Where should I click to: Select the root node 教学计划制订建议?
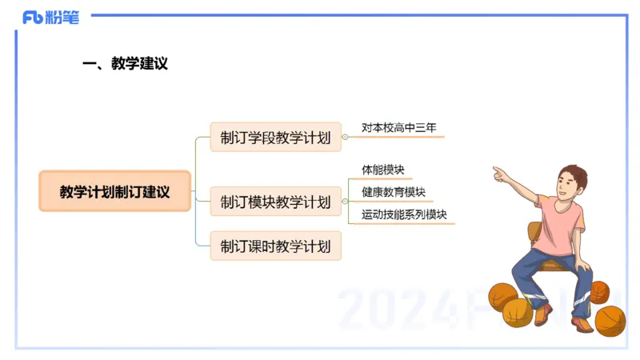pyautogui.click(x=115, y=191)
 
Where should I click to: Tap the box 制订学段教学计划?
pyautogui.click(x=275, y=138)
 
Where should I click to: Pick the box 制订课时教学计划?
pyautogui.click(x=275, y=246)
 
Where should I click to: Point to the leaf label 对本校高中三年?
pyautogui.click(x=398, y=128)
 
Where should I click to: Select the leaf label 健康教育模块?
pyautogui.click(x=393, y=193)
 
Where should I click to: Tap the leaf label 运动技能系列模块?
pyautogui.click(x=403, y=215)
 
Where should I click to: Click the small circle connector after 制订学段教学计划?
pyautogui.click(x=345, y=138)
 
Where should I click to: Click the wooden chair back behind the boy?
pyautogui.click(x=533, y=234)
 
